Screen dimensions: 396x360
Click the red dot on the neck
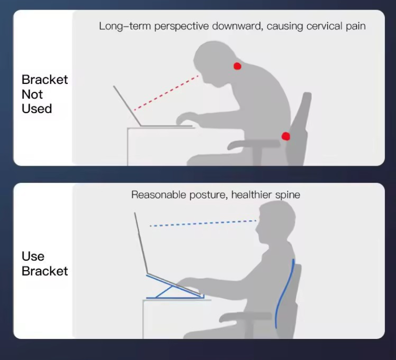coord(237,66)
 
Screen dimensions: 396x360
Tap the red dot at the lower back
coord(286,136)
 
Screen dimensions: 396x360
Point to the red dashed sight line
coord(166,93)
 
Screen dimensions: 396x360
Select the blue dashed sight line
coord(203,223)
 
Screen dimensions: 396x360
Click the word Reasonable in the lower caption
coord(159,195)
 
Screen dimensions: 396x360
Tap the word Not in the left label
coord(32,94)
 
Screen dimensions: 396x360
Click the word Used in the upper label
coord(37,108)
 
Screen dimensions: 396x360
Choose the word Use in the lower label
coord(33,256)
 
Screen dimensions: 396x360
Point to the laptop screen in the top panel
coord(127,105)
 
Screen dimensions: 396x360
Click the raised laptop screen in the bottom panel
coord(141,243)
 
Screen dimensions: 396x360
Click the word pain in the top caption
coord(355,27)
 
